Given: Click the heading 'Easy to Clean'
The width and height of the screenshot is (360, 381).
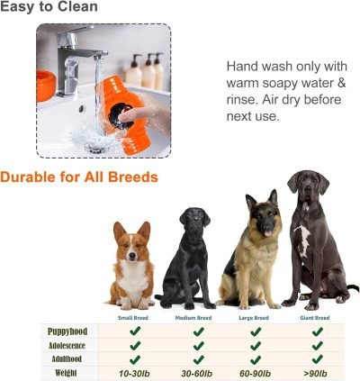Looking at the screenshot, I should [49, 8].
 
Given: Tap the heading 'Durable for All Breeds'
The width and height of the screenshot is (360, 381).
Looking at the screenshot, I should [79, 177].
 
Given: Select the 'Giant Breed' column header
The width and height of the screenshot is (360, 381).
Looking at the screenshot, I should [314, 318].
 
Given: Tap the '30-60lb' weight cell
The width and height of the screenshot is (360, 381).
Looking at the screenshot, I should [195, 372].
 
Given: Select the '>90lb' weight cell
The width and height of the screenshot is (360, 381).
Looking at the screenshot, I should [316, 372].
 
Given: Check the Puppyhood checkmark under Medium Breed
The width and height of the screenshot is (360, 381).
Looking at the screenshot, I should [195, 331].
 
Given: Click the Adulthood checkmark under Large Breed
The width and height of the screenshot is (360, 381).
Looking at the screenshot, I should [256, 358].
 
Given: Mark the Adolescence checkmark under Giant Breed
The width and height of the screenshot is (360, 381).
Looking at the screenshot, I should [316, 345].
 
